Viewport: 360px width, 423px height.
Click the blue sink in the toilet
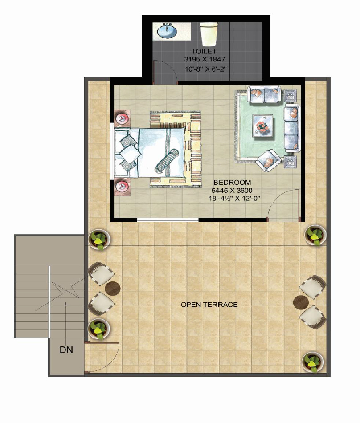click(167, 31)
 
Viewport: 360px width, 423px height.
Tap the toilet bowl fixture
click(209, 34)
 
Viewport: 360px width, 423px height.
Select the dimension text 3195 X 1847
click(205, 59)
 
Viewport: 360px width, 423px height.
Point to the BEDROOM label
click(232, 183)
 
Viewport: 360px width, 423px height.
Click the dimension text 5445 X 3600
click(232, 191)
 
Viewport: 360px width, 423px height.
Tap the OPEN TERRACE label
click(209, 305)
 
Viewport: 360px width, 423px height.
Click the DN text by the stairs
click(66, 350)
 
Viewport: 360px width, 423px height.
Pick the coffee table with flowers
click(262, 126)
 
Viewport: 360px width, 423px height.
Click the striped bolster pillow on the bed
click(167, 161)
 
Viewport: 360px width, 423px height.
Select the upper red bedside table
click(123, 118)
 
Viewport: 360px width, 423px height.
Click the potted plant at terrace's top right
click(315, 235)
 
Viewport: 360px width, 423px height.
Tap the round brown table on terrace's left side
click(113, 289)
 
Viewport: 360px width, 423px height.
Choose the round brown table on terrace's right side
click(301, 302)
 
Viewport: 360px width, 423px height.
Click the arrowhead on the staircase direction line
click(65, 304)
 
